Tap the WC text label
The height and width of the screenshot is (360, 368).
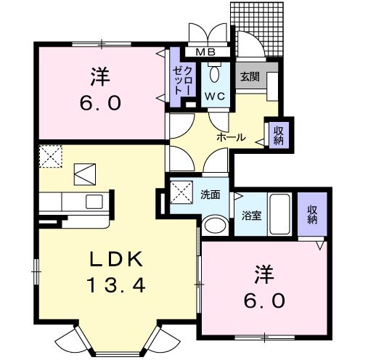click(x=214, y=96)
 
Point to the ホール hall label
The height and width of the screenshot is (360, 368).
click(x=232, y=137)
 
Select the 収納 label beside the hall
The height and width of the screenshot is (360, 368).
click(x=277, y=134)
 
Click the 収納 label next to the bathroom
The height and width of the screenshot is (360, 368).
click(x=313, y=215)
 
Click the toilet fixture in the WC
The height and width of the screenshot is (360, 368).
click(x=214, y=73)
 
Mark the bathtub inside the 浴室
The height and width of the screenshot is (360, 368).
click(x=279, y=214)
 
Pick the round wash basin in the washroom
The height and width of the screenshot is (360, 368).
click(x=215, y=226)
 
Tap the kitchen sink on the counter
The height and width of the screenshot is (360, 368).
click(x=94, y=201)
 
